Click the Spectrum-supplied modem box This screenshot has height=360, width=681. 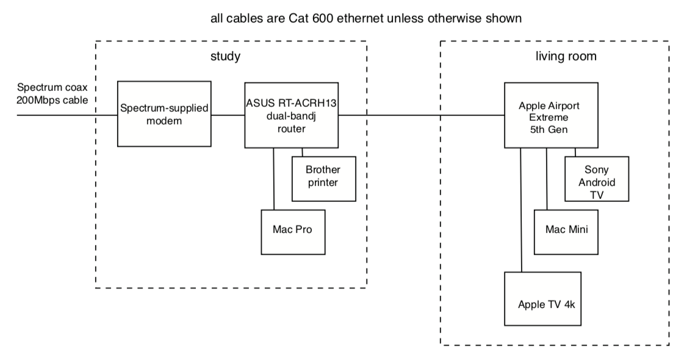(165, 113)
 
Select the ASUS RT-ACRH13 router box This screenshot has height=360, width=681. (291, 114)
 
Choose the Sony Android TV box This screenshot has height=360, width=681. (597, 178)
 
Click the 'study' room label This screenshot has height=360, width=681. (225, 57)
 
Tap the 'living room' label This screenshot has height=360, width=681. (561, 57)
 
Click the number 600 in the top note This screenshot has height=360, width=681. (317, 18)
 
